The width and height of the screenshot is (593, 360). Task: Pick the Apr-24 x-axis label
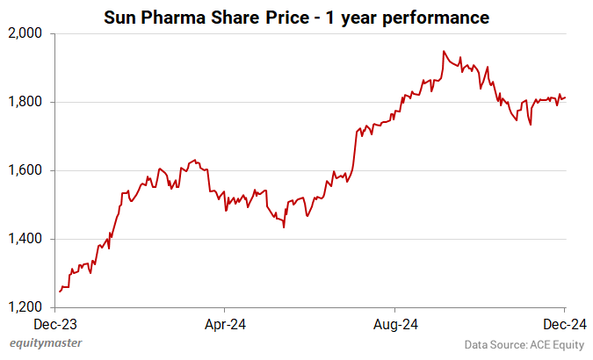(x=225, y=323)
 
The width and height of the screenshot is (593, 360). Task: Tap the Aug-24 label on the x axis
(x=394, y=323)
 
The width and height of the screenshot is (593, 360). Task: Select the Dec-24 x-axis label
(x=563, y=323)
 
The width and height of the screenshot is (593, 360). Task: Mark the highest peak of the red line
(x=444, y=51)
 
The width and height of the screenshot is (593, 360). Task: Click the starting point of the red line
(x=59, y=291)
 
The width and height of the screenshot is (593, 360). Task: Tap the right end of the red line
(x=564, y=97)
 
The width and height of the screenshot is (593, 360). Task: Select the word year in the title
(x=360, y=17)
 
